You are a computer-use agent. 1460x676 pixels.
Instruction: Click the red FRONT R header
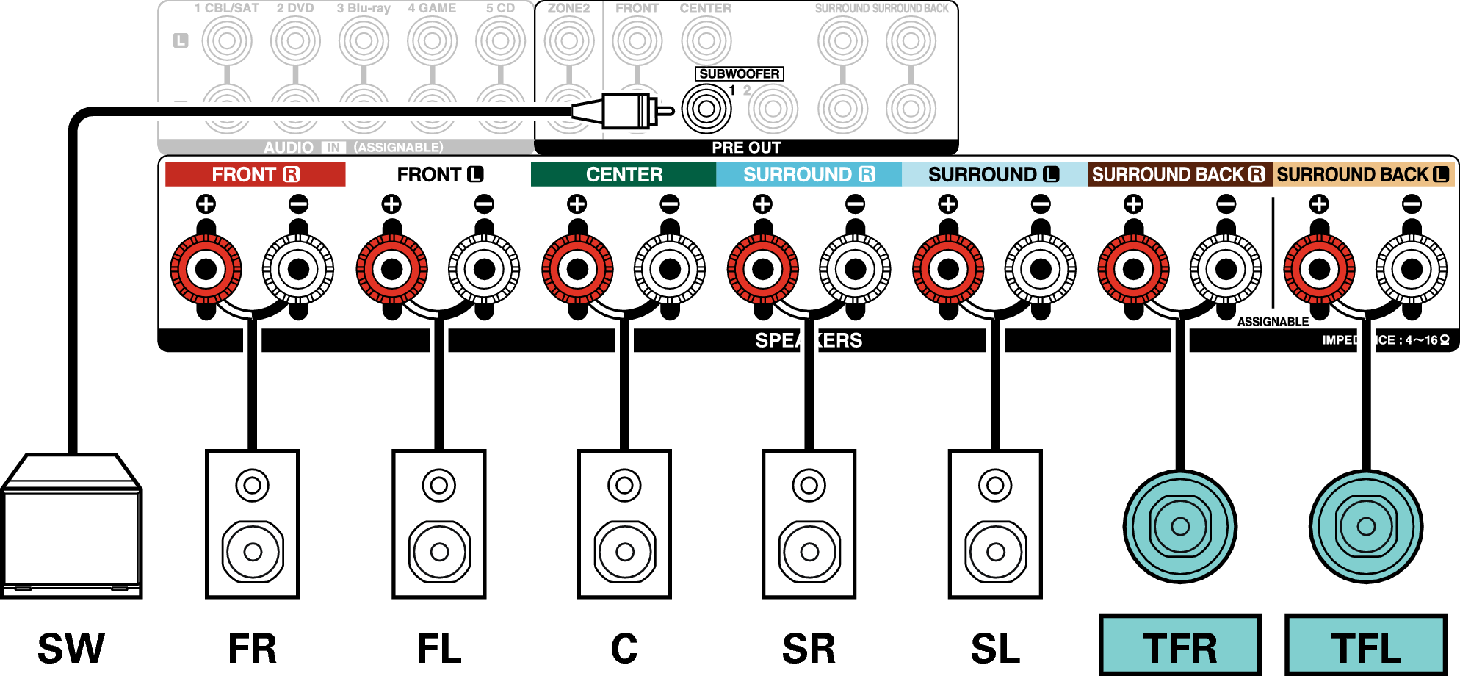click(x=255, y=174)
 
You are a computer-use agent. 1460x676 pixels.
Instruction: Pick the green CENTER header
click(x=624, y=174)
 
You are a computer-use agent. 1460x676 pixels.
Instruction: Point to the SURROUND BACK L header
click(x=1363, y=174)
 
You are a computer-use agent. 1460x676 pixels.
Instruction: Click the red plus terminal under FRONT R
click(x=206, y=269)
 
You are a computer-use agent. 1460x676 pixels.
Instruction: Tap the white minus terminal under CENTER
click(x=670, y=269)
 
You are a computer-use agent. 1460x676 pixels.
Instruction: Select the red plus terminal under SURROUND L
click(x=948, y=269)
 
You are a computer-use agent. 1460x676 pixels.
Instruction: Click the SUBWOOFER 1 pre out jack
click(x=706, y=109)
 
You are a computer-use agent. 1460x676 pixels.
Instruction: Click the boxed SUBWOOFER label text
click(x=739, y=73)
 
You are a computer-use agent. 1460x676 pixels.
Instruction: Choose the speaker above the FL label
click(x=439, y=524)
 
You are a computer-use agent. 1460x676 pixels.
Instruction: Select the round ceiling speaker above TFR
click(x=1180, y=526)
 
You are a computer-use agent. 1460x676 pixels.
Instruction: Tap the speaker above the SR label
click(x=809, y=524)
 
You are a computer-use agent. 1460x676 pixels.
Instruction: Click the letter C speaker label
click(x=624, y=648)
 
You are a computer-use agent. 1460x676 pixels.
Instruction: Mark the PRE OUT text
click(x=746, y=148)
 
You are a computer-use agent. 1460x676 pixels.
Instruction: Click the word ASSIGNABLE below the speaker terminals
click(x=1273, y=322)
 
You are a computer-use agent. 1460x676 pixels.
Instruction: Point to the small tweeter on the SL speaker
click(x=995, y=486)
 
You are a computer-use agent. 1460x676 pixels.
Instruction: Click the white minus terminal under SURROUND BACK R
click(x=1226, y=269)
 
